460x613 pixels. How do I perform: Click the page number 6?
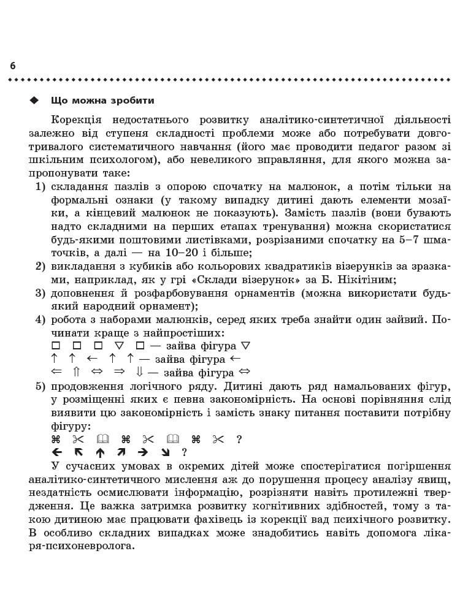coord(13,66)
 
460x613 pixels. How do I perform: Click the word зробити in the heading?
coord(132,101)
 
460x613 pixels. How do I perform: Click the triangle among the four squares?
coord(120,346)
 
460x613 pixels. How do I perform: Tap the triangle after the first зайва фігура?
coord(246,346)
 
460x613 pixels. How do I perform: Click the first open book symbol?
coord(103,439)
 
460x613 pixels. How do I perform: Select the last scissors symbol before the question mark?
coord(218,439)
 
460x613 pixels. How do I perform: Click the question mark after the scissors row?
coord(239,439)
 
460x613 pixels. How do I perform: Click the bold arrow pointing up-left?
coord(78,452)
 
